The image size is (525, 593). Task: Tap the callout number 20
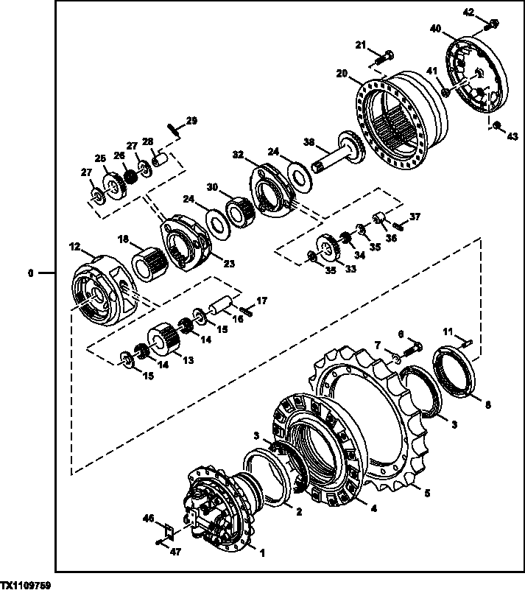pos(342,73)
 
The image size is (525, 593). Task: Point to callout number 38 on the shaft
pos(309,143)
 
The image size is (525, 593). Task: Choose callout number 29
pos(192,120)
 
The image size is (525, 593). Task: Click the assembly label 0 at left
pos(30,273)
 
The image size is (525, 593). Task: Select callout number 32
pos(238,155)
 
